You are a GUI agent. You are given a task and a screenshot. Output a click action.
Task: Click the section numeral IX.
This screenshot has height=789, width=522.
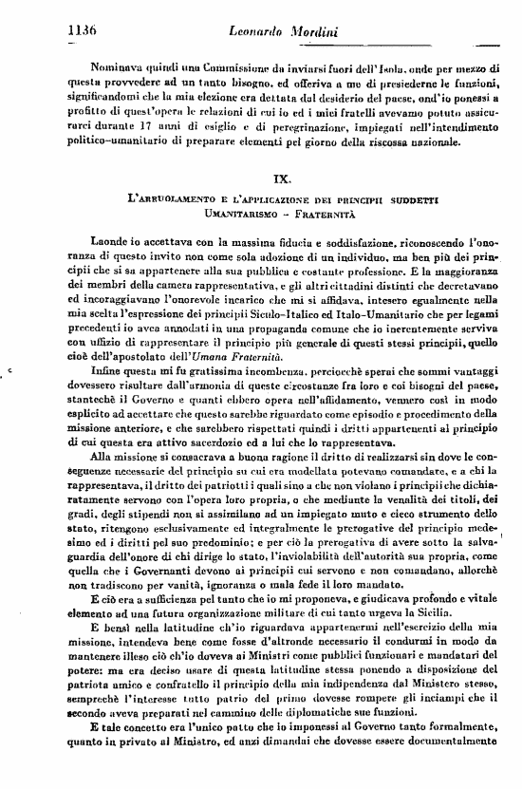coord(282,178)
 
